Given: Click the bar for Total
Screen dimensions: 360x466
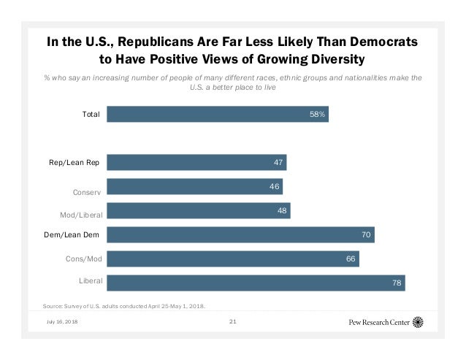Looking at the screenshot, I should tap(218, 114).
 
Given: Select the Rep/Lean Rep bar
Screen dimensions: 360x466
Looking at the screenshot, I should tap(196, 162).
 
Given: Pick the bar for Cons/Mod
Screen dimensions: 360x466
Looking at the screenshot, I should tap(233, 259).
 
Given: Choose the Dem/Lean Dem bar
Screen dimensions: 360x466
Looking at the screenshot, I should tap(240, 234).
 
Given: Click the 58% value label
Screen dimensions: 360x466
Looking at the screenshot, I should tap(317, 114).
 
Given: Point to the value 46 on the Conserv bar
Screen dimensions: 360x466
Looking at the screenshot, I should tap(274, 187).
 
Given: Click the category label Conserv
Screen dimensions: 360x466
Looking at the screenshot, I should tap(88, 192).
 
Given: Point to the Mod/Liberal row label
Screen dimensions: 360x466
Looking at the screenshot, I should tap(81, 215).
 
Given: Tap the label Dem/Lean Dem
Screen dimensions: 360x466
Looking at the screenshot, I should tap(72, 235).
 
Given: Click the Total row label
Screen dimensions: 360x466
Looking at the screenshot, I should tap(91, 114).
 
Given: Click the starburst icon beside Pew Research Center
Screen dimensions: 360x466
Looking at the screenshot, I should tap(418, 321).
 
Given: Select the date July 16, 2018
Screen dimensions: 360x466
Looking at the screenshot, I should tap(61, 322).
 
